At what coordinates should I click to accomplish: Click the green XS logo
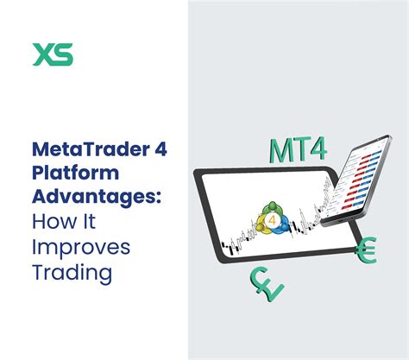[53, 54]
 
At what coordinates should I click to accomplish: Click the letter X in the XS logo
[42, 54]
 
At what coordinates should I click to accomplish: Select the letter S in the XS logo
[64, 54]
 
